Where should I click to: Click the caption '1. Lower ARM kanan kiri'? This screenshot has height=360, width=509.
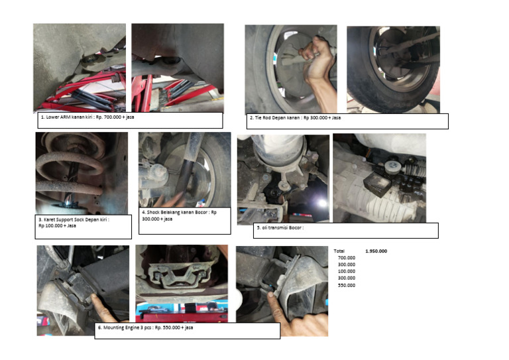[67, 117]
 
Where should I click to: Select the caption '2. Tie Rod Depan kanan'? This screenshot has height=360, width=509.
[275, 117]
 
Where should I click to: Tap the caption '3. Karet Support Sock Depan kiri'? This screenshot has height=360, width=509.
[74, 219]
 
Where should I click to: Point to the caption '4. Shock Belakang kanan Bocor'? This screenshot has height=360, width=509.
[176, 212]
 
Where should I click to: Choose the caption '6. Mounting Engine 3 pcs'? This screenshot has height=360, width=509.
[125, 328]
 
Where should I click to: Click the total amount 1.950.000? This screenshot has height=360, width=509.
[376, 251]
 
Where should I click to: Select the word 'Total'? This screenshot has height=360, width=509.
[339, 251]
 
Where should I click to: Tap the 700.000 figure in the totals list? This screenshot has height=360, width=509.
[347, 258]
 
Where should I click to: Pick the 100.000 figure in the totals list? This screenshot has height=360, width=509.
[347, 271]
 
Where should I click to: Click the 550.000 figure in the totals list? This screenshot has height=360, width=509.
[347, 285]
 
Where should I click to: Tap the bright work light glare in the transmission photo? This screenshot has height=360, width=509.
[322, 204]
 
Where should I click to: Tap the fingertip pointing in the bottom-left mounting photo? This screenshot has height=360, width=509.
[94, 297]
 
